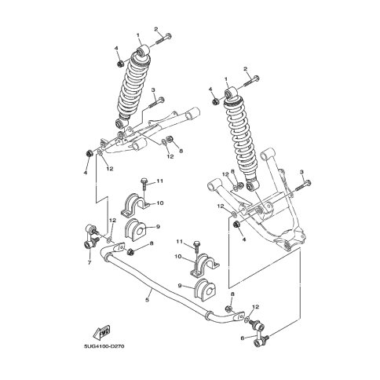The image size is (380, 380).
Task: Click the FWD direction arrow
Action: [101, 332]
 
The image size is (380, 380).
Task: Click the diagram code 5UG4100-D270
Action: [104, 346]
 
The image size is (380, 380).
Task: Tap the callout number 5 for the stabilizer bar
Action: [148, 300]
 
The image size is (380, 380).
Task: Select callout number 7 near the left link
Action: [90, 262]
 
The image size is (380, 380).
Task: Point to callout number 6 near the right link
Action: [242, 338]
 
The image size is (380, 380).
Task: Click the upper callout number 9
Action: [158, 227]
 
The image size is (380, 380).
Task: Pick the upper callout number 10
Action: [160, 203]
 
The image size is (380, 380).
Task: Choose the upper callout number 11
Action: [160, 181]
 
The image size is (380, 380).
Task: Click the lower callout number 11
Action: [179, 242]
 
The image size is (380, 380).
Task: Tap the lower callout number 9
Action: [180, 286]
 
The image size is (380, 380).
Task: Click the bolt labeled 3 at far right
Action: [303, 185]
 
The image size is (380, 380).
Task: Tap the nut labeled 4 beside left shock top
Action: [120, 64]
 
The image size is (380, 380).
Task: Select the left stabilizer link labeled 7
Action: [91, 236]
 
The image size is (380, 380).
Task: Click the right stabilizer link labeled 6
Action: [259, 333]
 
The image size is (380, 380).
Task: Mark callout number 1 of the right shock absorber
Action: [226, 79]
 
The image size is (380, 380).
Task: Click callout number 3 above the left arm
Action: [153, 90]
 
